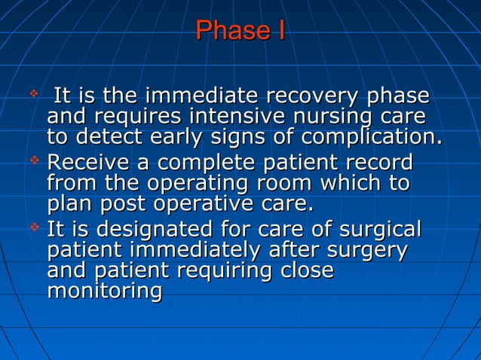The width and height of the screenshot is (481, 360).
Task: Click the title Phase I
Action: [240, 31]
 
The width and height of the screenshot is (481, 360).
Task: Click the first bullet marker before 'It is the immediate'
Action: [32, 95]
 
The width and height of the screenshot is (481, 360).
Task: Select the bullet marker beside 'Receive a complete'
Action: [32, 160]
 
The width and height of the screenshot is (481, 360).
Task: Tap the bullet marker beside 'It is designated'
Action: [32, 227]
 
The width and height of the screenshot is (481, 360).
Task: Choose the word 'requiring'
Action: [240, 270]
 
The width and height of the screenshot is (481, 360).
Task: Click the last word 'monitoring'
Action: [104, 291]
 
